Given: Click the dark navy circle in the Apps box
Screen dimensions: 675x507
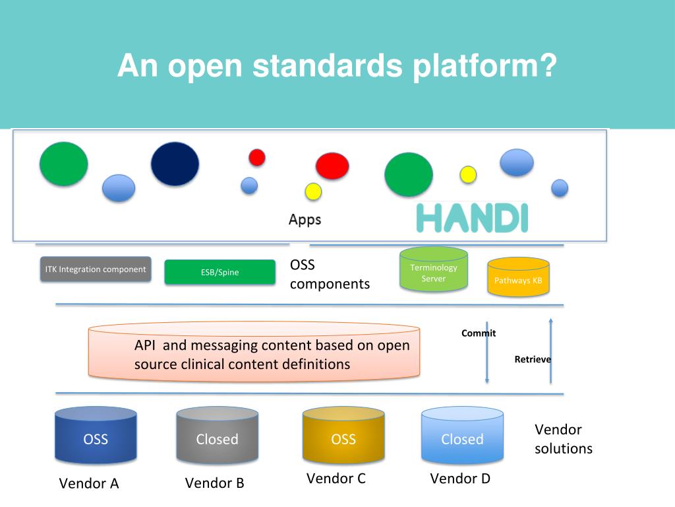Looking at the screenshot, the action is coord(175,164).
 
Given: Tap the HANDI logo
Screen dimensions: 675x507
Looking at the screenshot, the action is coord(472,218).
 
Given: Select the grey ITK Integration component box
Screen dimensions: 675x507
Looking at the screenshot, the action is coord(96,269).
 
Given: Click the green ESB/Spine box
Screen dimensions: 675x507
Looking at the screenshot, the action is coord(220,272).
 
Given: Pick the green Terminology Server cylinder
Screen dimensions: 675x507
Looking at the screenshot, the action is coord(434,269).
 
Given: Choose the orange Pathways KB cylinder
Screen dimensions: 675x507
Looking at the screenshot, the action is coord(518,277).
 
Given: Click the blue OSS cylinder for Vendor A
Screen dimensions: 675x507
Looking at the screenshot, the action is coord(96,435).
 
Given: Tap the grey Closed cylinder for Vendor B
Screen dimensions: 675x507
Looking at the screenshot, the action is coord(218,435).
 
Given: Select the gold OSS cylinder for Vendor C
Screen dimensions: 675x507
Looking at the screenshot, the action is coord(343,435).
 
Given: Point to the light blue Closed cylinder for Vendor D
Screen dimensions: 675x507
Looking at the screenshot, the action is coord(462,435).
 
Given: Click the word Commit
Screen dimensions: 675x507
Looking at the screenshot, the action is coord(479,333).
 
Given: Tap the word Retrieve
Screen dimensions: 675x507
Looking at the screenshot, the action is coord(533,360).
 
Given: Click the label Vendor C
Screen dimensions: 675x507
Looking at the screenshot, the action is coord(336,479).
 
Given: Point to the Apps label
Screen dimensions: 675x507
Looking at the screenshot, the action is coord(305,219).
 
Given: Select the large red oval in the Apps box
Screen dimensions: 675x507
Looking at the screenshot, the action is coord(332,166).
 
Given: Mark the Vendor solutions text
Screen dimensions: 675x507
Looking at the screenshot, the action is coord(564,439).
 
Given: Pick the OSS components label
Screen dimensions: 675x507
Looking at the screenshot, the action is coord(330,274).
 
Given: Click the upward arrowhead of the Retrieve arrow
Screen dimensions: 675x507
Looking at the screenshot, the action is coord(550,320).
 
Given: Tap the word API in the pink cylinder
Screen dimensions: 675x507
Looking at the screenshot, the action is coord(144,345).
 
